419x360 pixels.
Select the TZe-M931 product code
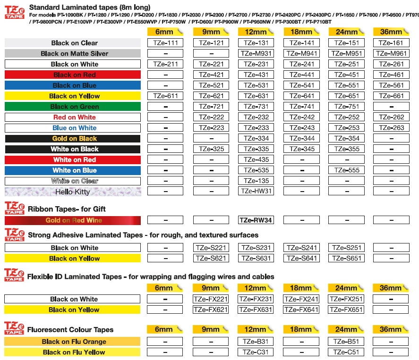pyautogui.click(x=257, y=53)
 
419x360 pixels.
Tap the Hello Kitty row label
pyautogui.click(x=72, y=192)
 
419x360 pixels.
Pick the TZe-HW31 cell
pyautogui.click(x=257, y=191)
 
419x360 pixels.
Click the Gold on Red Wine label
pyautogui.click(x=72, y=220)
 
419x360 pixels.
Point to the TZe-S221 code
pyautogui.click(x=211, y=248)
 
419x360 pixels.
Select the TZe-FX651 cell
pyautogui.click(x=346, y=310)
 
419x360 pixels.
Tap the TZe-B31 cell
pyautogui.click(x=257, y=342)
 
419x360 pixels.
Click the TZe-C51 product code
pyautogui.click(x=346, y=352)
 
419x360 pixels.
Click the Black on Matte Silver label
pyautogui.click(x=72, y=54)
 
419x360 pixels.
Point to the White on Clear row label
pyautogui.click(x=72, y=181)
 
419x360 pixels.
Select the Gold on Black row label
pyautogui.click(x=72, y=139)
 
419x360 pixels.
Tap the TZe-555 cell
pyautogui.click(x=346, y=170)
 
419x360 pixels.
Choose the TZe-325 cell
pyautogui.click(x=211, y=149)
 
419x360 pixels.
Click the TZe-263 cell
pyautogui.click(x=391, y=128)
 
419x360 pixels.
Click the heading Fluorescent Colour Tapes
pyautogui.click(x=70, y=330)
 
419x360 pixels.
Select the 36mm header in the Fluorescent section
pyautogui.click(x=391, y=329)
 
